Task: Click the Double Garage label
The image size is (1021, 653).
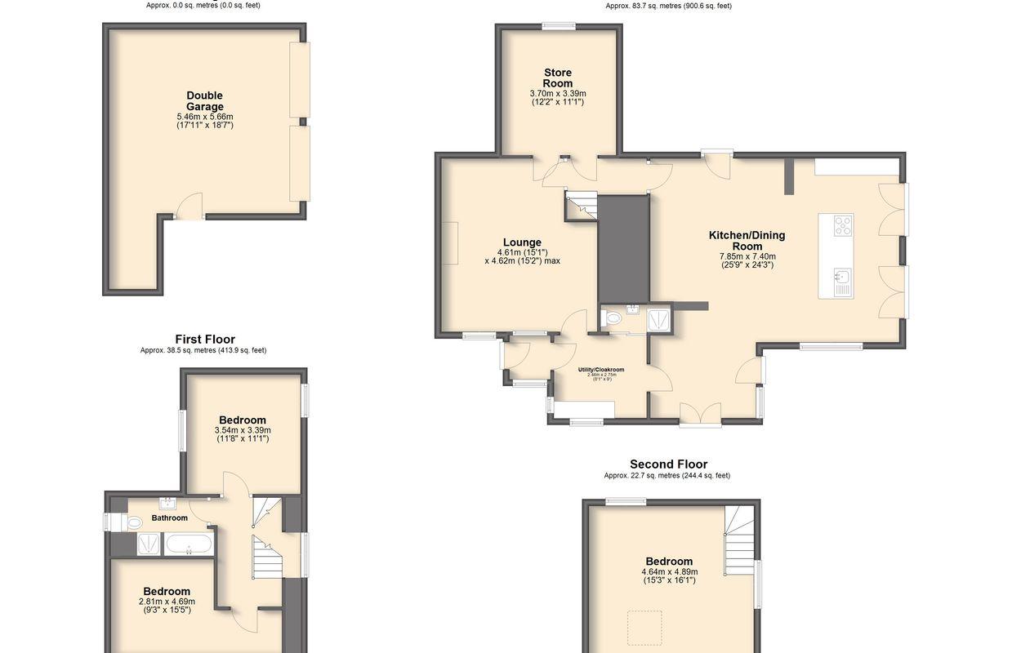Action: pyautogui.click(x=204, y=101)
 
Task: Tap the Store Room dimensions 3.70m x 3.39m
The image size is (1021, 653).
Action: pyautogui.click(x=558, y=94)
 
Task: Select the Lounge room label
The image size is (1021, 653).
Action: pyautogui.click(x=522, y=242)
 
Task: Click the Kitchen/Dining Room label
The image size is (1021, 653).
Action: pyautogui.click(x=747, y=241)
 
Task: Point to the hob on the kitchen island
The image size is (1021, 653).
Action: pyautogui.click(x=841, y=225)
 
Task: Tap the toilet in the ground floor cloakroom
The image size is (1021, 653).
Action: pyautogui.click(x=613, y=318)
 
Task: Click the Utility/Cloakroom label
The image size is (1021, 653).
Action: pyautogui.click(x=601, y=370)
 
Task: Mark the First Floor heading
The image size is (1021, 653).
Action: pyautogui.click(x=205, y=340)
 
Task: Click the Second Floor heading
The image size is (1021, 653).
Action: pyautogui.click(x=668, y=464)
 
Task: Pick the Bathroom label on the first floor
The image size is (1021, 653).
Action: pyautogui.click(x=169, y=518)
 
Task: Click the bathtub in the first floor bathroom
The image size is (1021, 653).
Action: pyautogui.click(x=189, y=544)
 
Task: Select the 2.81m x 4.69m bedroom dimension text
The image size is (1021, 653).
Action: pyautogui.click(x=167, y=602)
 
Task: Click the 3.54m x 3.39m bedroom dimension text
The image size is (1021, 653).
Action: pyautogui.click(x=243, y=430)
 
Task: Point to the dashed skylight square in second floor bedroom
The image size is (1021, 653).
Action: pyautogui.click(x=644, y=627)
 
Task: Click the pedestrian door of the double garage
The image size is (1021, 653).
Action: pyautogui.click(x=189, y=207)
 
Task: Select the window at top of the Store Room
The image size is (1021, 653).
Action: pyautogui.click(x=559, y=25)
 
